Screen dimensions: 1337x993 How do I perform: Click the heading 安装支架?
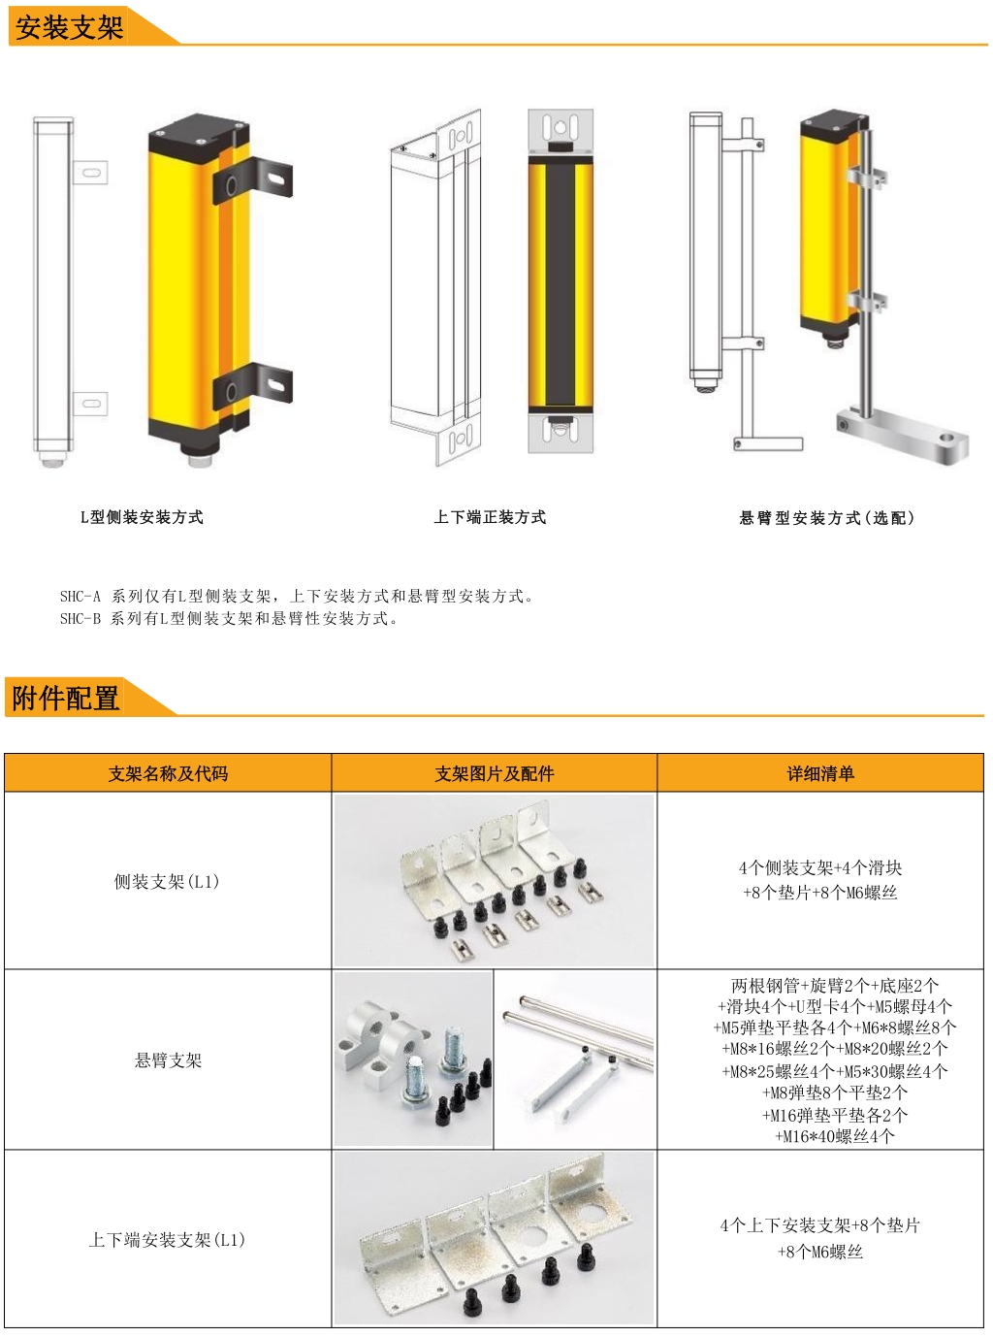(70, 27)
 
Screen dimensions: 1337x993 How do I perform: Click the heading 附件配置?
(66, 698)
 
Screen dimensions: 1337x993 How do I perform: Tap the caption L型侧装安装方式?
(142, 517)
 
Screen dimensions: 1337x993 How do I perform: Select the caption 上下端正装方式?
(490, 517)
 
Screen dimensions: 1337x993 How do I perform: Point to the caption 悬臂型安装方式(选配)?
(827, 518)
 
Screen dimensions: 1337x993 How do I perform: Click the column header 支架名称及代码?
(168, 773)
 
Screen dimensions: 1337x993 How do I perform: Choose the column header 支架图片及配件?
(495, 773)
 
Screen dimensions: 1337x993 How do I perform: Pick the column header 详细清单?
(820, 773)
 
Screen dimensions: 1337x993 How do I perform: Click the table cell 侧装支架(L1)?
(168, 881)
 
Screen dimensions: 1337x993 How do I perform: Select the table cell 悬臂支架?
(168, 1060)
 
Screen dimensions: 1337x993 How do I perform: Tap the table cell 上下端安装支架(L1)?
(168, 1240)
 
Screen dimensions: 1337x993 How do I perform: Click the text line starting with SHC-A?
(297, 596)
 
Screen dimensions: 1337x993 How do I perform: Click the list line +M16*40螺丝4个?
(835, 1136)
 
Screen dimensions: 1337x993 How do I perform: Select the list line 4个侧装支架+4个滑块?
(820, 867)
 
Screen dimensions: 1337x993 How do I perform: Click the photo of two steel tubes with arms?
(575, 1060)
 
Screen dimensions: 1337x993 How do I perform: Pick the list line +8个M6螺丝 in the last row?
(820, 1252)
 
